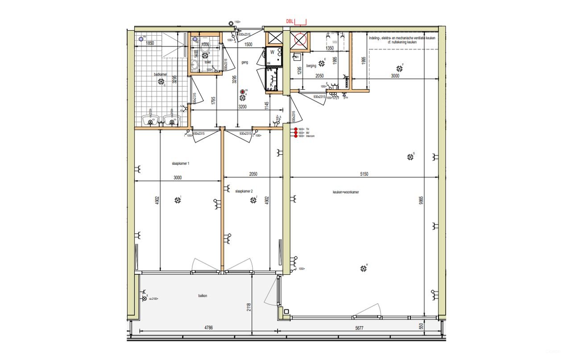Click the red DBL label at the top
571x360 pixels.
pos(290,21)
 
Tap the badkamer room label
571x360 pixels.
pos(160,74)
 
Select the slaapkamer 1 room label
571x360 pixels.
pos(181,164)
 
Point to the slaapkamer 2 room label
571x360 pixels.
pos(244,191)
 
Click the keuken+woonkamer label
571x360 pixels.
pos(346,192)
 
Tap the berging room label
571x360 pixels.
pos(311,66)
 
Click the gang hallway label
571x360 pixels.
pos(244,62)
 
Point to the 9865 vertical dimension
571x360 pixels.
pos(421,201)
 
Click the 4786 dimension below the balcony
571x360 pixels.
pos(208,327)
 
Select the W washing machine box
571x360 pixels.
pos(272,52)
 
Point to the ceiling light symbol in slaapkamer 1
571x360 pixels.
pos(178,200)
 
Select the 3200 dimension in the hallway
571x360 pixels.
pos(243,107)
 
